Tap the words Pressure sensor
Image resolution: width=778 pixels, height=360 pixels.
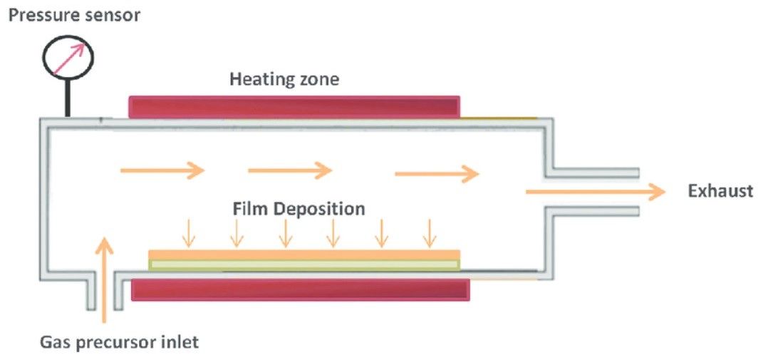point(74,15)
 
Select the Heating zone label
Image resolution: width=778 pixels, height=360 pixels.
point(284,78)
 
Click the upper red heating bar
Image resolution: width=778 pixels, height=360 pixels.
point(294,107)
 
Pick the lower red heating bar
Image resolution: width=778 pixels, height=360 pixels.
point(300,289)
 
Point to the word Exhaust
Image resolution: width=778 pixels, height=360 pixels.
point(720,190)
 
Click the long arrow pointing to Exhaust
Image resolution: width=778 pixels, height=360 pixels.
point(596,191)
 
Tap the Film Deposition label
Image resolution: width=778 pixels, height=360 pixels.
point(299,209)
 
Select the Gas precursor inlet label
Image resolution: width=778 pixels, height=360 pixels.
point(119,342)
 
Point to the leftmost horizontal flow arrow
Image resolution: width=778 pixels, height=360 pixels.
point(162,170)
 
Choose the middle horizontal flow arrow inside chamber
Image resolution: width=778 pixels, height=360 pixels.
point(290,170)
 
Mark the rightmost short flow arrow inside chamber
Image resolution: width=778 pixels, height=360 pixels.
point(437,173)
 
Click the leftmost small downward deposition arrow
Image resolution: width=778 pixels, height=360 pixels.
point(189,232)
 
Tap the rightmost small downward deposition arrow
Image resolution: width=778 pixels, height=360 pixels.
point(429,232)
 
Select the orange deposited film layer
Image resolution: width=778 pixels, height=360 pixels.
point(304,254)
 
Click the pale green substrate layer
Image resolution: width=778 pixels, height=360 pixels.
point(304,265)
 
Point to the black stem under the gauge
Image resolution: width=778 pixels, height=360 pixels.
point(68,98)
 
